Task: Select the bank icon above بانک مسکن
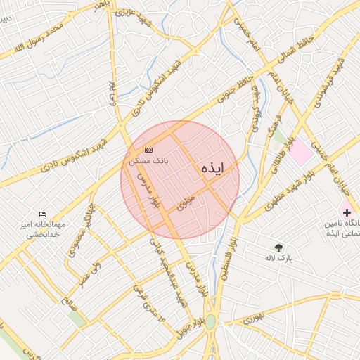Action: tap(148, 150)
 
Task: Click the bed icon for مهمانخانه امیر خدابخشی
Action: tap(43, 214)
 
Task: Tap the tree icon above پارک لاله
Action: tap(279, 247)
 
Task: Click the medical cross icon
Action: tap(347, 212)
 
